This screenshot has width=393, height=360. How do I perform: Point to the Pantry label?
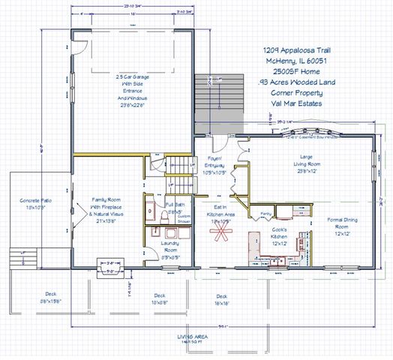pyautogui.click(x=265, y=214)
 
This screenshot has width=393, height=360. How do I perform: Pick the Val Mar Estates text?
pyautogui.click(x=292, y=104)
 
